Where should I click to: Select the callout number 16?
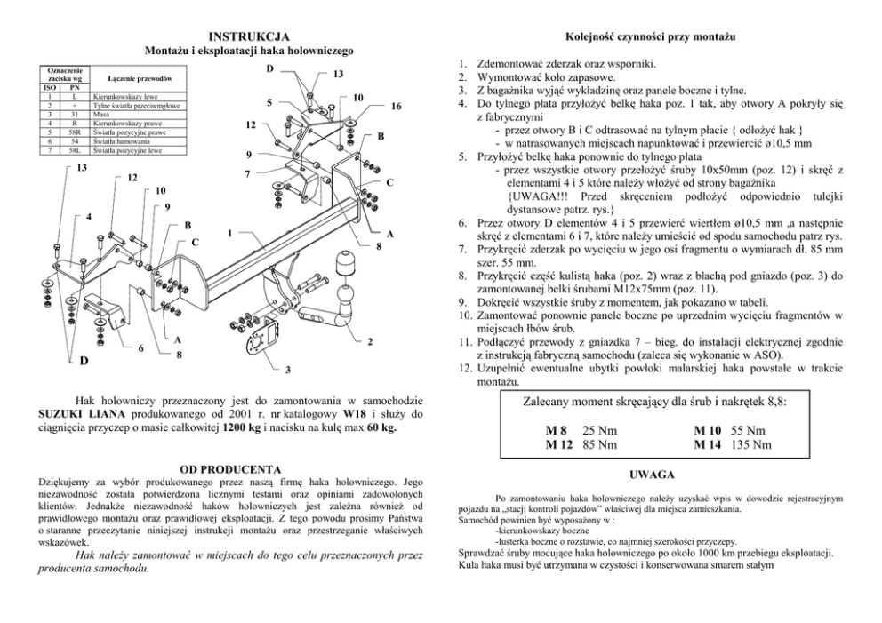point(396,108)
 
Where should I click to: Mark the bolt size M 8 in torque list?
point(557,430)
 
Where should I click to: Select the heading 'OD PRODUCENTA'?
point(230,468)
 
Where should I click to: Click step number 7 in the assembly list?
point(462,252)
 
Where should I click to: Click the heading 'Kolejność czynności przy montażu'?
point(656,36)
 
